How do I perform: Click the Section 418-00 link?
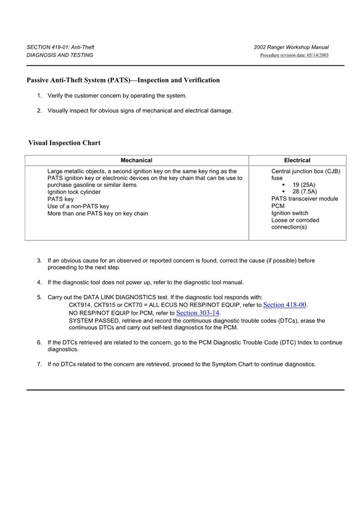coord(285,305)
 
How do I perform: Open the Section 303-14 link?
coord(198,313)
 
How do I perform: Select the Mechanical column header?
coord(136,160)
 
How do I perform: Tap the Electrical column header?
coord(297,160)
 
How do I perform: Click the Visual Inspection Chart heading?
coord(64,143)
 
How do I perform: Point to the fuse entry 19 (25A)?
coord(304,185)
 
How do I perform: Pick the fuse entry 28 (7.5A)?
coord(305,192)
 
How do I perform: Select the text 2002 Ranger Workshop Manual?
coord(291,47)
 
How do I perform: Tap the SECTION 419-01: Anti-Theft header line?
coord(61,47)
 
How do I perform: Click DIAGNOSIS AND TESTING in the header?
coord(60,55)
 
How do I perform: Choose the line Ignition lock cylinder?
coord(74,192)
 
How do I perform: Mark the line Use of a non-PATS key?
coord(78,206)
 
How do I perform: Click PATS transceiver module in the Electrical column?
coord(305,199)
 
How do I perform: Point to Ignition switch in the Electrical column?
coord(289,213)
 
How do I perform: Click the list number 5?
coord(39,297)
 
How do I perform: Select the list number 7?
coord(39,364)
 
